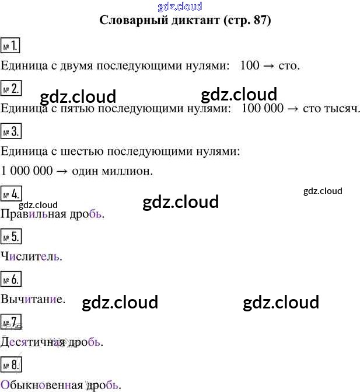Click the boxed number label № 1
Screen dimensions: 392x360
click(11, 46)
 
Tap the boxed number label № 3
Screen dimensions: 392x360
click(11, 131)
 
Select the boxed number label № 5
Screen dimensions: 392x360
click(11, 237)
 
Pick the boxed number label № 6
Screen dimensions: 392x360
click(11, 280)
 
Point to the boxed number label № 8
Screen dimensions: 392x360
click(11, 366)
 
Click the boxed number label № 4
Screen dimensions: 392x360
click(11, 195)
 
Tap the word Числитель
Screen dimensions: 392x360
click(31, 256)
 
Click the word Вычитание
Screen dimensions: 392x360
click(33, 300)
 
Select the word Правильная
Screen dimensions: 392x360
click(35, 214)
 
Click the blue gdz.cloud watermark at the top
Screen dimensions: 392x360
click(180, 6)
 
